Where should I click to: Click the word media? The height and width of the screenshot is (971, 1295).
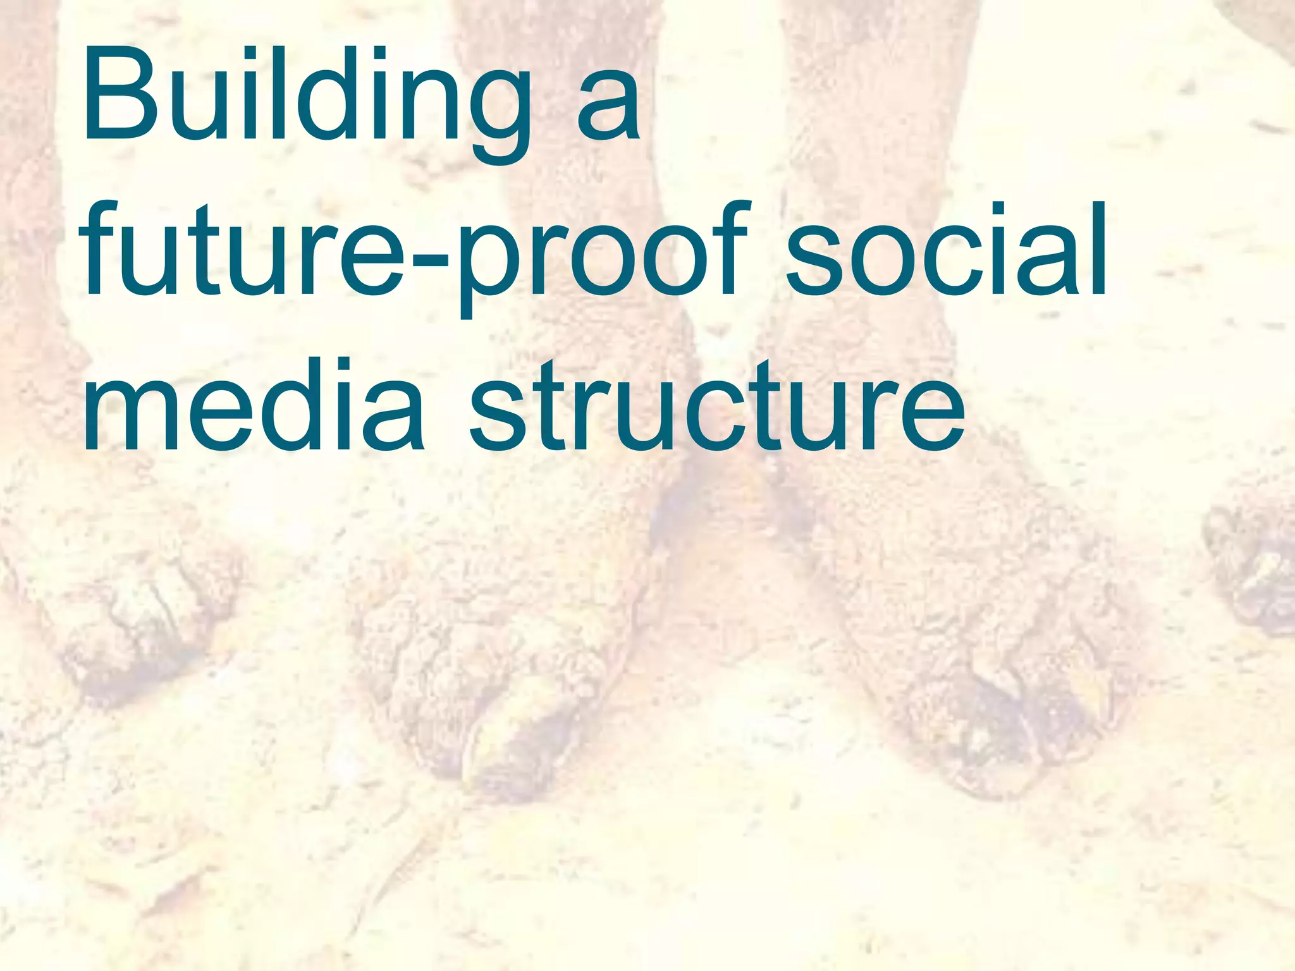[x=253, y=405]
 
